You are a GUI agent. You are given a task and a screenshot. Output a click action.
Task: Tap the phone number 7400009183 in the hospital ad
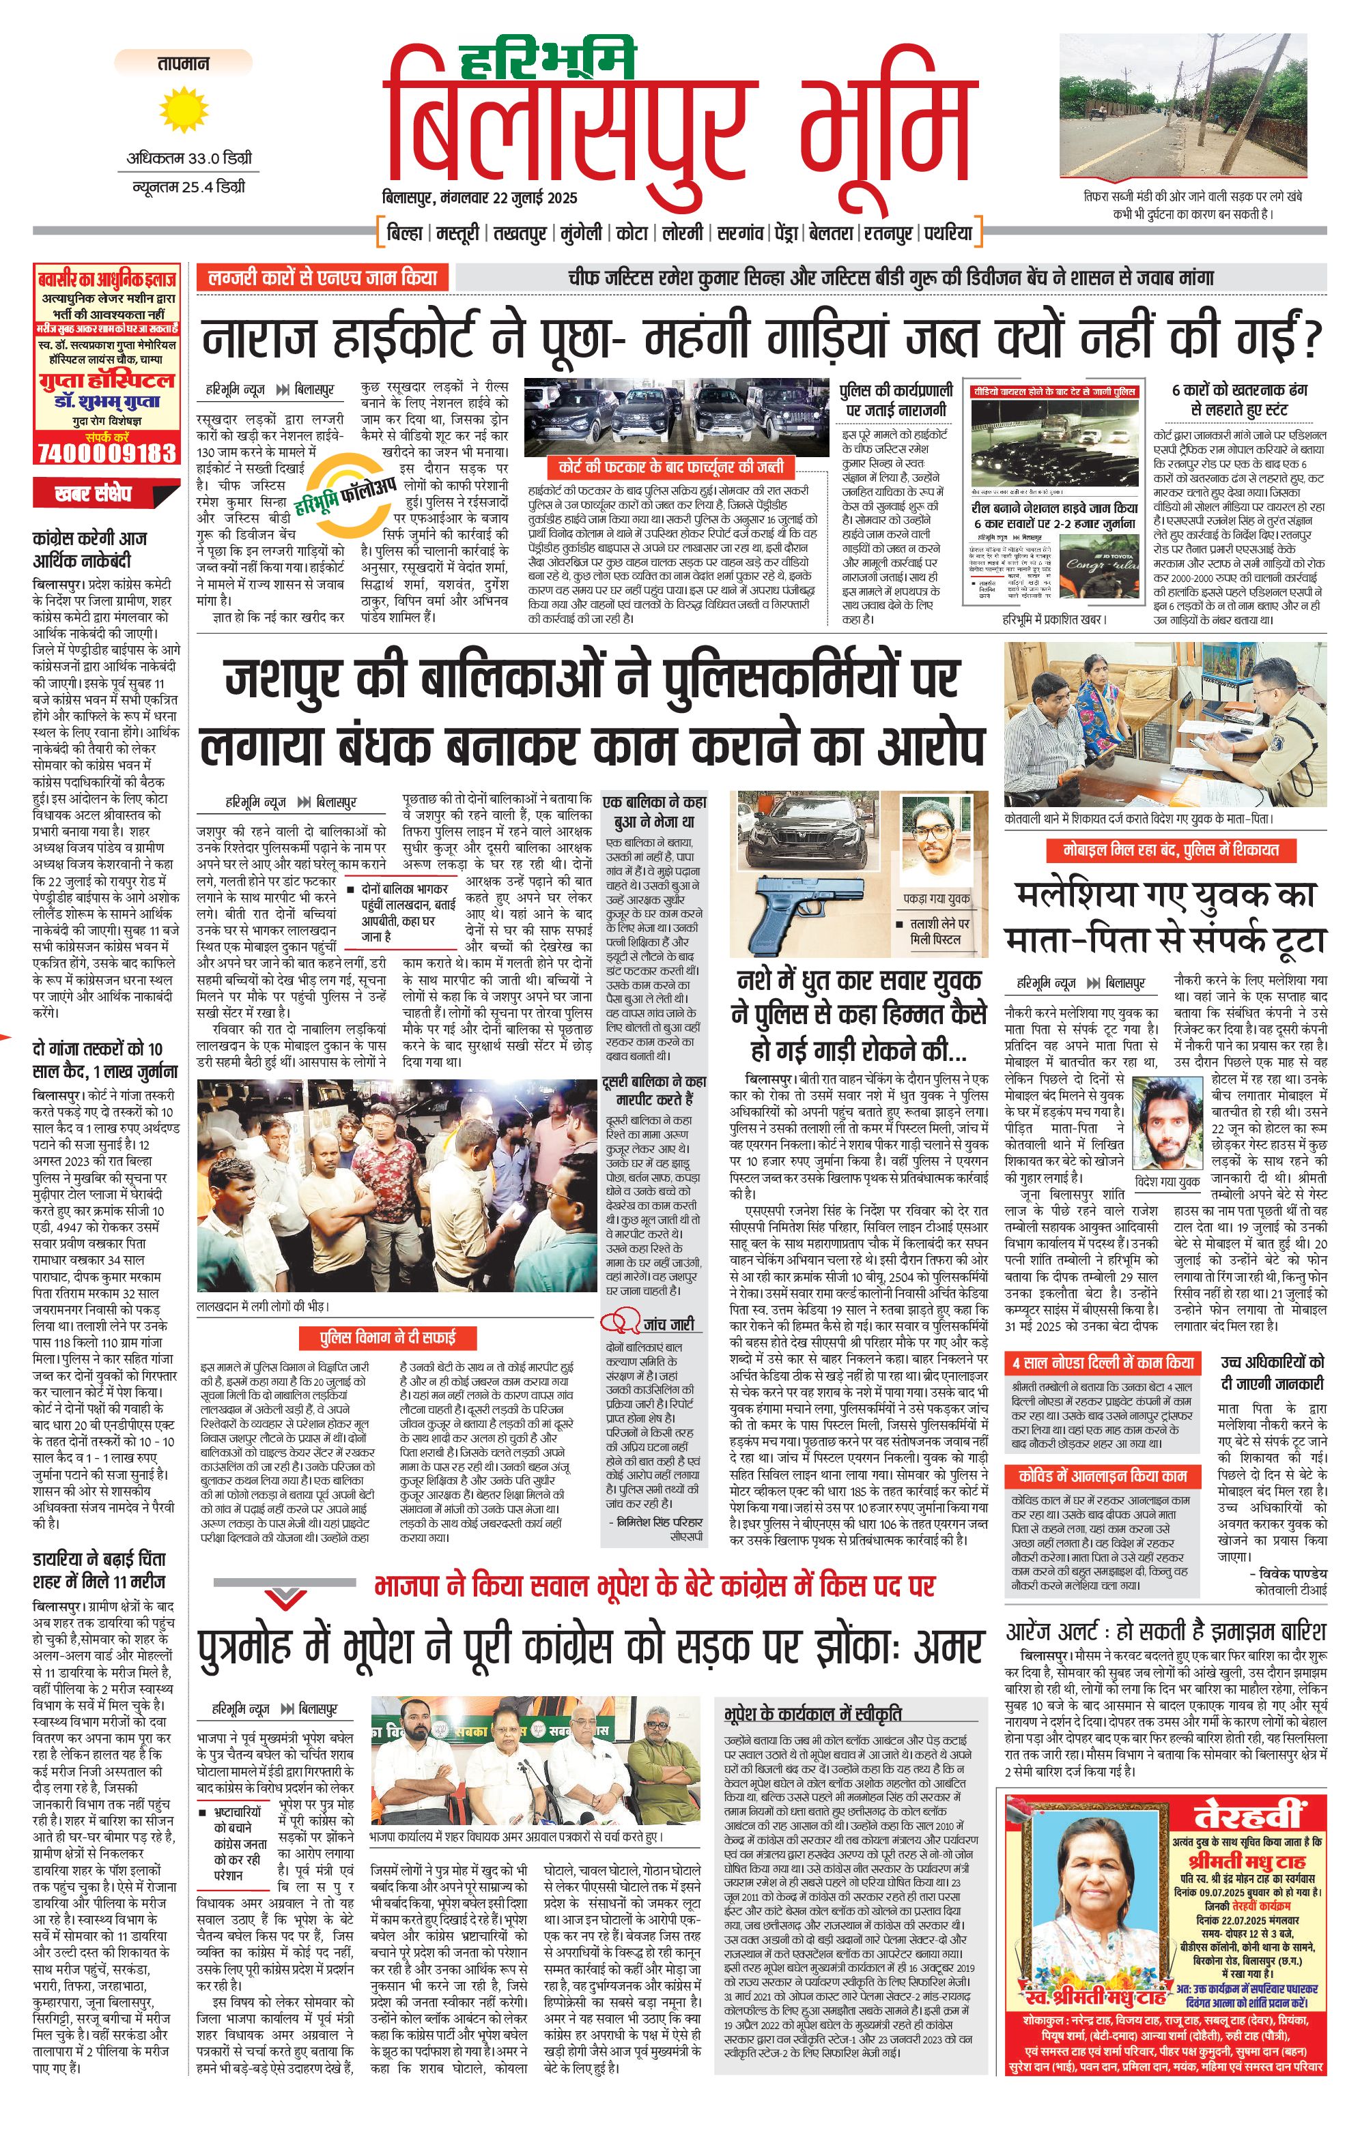tap(106, 452)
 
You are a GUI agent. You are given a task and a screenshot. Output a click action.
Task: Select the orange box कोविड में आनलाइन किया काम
tap(1102, 1476)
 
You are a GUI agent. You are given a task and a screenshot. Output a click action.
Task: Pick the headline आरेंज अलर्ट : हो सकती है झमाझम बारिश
tap(1165, 1631)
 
